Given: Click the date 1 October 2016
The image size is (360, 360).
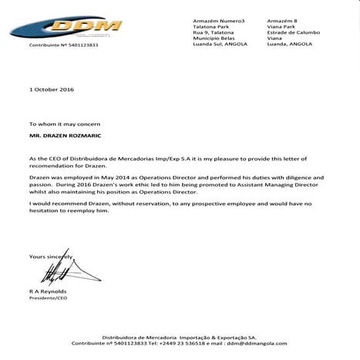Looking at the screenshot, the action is pyautogui.click(x=50, y=89).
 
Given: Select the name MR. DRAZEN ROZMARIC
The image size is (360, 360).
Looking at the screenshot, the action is pyautogui.click(x=64, y=134).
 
